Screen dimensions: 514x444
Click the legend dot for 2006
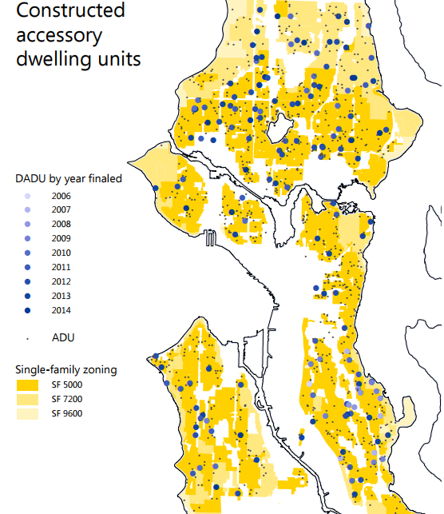click(28, 196)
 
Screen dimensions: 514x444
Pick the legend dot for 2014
click(28, 310)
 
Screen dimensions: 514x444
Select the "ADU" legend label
click(63, 337)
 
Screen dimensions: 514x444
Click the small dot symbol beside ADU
click(28, 338)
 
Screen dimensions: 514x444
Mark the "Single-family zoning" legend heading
click(65, 369)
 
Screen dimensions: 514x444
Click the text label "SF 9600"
click(67, 413)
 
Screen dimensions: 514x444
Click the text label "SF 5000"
click(67, 385)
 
